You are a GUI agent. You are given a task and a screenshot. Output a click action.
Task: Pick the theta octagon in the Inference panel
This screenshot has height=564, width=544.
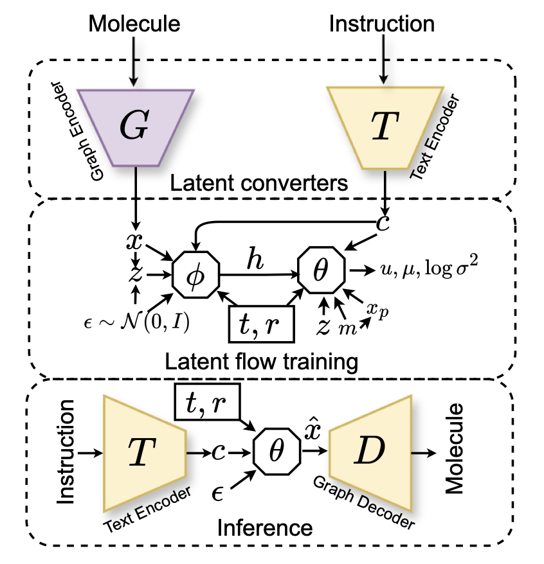tap(277, 452)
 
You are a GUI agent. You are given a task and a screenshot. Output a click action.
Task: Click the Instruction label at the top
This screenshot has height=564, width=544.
tap(382, 24)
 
